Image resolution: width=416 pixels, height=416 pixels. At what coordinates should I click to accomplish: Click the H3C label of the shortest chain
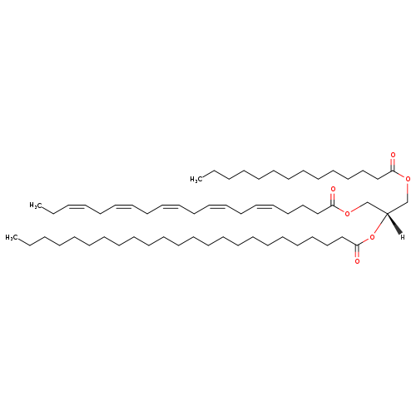[196, 180]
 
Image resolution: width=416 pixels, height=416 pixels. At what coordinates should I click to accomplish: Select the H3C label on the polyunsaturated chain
[35, 206]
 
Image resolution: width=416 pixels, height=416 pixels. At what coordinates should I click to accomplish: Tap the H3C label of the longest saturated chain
[11, 237]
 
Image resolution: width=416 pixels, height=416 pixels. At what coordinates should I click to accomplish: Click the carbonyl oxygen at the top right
[393, 155]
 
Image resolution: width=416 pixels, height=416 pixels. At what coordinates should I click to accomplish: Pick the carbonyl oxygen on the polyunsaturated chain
[333, 190]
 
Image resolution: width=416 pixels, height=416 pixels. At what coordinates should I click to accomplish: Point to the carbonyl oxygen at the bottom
[357, 261]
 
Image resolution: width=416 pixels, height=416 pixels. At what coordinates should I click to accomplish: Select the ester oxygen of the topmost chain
[408, 180]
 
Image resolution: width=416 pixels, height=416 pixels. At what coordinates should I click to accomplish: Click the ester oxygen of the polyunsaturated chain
[346, 214]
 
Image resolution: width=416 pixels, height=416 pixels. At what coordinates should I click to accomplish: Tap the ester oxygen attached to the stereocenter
[372, 237]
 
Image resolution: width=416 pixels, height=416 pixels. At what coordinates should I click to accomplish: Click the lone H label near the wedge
[403, 237]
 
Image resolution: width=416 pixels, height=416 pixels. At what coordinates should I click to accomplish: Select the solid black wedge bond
[394, 224]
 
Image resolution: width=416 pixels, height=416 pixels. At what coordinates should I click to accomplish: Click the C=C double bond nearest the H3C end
[77, 206]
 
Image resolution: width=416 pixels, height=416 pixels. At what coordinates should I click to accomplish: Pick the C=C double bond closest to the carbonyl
[265, 206]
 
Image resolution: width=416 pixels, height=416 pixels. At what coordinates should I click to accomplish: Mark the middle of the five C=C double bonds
[171, 206]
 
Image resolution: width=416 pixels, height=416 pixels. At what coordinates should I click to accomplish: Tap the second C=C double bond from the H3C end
[123, 206]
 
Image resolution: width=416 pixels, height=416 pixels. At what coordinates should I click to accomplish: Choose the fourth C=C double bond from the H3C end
[217, 206]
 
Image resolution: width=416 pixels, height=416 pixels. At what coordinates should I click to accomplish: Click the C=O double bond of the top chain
[393, 164]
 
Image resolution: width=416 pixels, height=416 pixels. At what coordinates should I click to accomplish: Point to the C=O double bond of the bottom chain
[357, 252]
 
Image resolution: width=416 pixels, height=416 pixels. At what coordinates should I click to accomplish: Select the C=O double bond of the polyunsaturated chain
[333, 199]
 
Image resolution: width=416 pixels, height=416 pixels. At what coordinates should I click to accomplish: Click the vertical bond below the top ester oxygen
[408, 192]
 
